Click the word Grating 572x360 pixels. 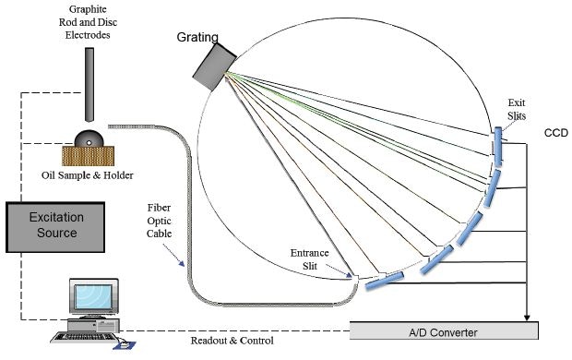point(198,38)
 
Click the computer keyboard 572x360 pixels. point(79,336)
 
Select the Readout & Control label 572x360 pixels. point(232,340)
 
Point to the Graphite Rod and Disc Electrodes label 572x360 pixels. point(87,24)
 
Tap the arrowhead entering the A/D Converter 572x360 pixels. point(527,317)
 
